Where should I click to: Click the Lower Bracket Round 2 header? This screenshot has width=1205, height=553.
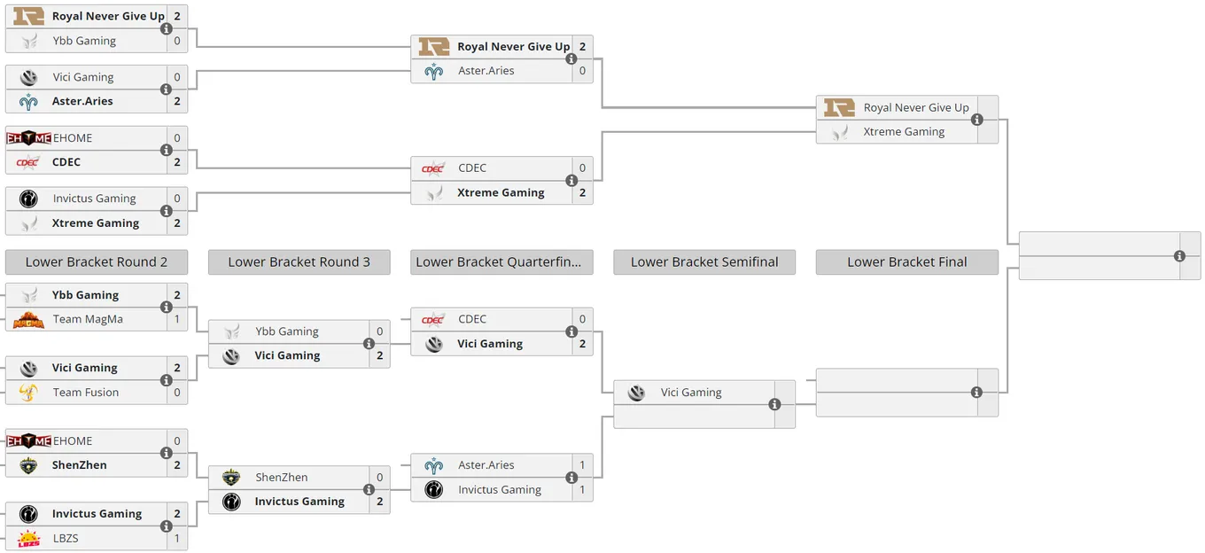pyautogui.click(x=97, y=262)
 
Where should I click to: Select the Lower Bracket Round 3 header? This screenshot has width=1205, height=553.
pyautogui.click(x=299, y=262)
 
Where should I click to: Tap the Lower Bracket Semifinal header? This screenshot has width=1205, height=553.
pyautogui.click(x=704, y=262)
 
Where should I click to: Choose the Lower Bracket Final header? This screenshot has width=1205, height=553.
pyautogui.click(x=907, y=262)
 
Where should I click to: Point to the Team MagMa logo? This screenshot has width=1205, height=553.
pyautogui.click(x=28, y=320)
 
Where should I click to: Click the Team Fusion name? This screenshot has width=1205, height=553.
pyautogui.click(x=86, y=393)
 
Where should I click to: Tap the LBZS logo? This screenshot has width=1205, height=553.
pyautogui.click(x=28, y=539)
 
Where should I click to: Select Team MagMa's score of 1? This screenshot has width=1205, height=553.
pyautogui.click(x=177, y=319)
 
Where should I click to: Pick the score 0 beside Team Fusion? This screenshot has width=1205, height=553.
pyautogui.click(x=177, y=393)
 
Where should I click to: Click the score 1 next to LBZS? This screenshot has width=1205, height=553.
pyautogui.click(x=177, y=538)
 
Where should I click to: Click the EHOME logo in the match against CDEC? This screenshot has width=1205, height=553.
pyautogui.click(x=29, y=138)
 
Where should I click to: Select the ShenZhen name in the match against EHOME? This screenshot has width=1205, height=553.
pyautogui.click(x=79, y=464)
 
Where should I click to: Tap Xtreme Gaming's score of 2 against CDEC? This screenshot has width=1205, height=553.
pyautogui.click(x=582, y=192)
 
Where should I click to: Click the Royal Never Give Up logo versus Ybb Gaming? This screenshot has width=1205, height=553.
pyautogui.click(x=28, y=16)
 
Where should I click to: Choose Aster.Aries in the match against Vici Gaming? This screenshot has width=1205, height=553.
pyautogui.click(x=82, y=101)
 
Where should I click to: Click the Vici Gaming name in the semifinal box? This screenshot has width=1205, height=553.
pyautogui.click(x=691, y=393)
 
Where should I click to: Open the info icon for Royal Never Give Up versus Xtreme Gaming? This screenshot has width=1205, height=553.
pyautogui.click(x=977, y=120)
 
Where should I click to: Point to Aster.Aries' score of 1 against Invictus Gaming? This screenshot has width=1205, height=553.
pyautogui.click(x=582, y=464)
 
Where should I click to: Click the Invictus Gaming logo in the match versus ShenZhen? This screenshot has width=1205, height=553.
pyautogui.click(x=231, y=502)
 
